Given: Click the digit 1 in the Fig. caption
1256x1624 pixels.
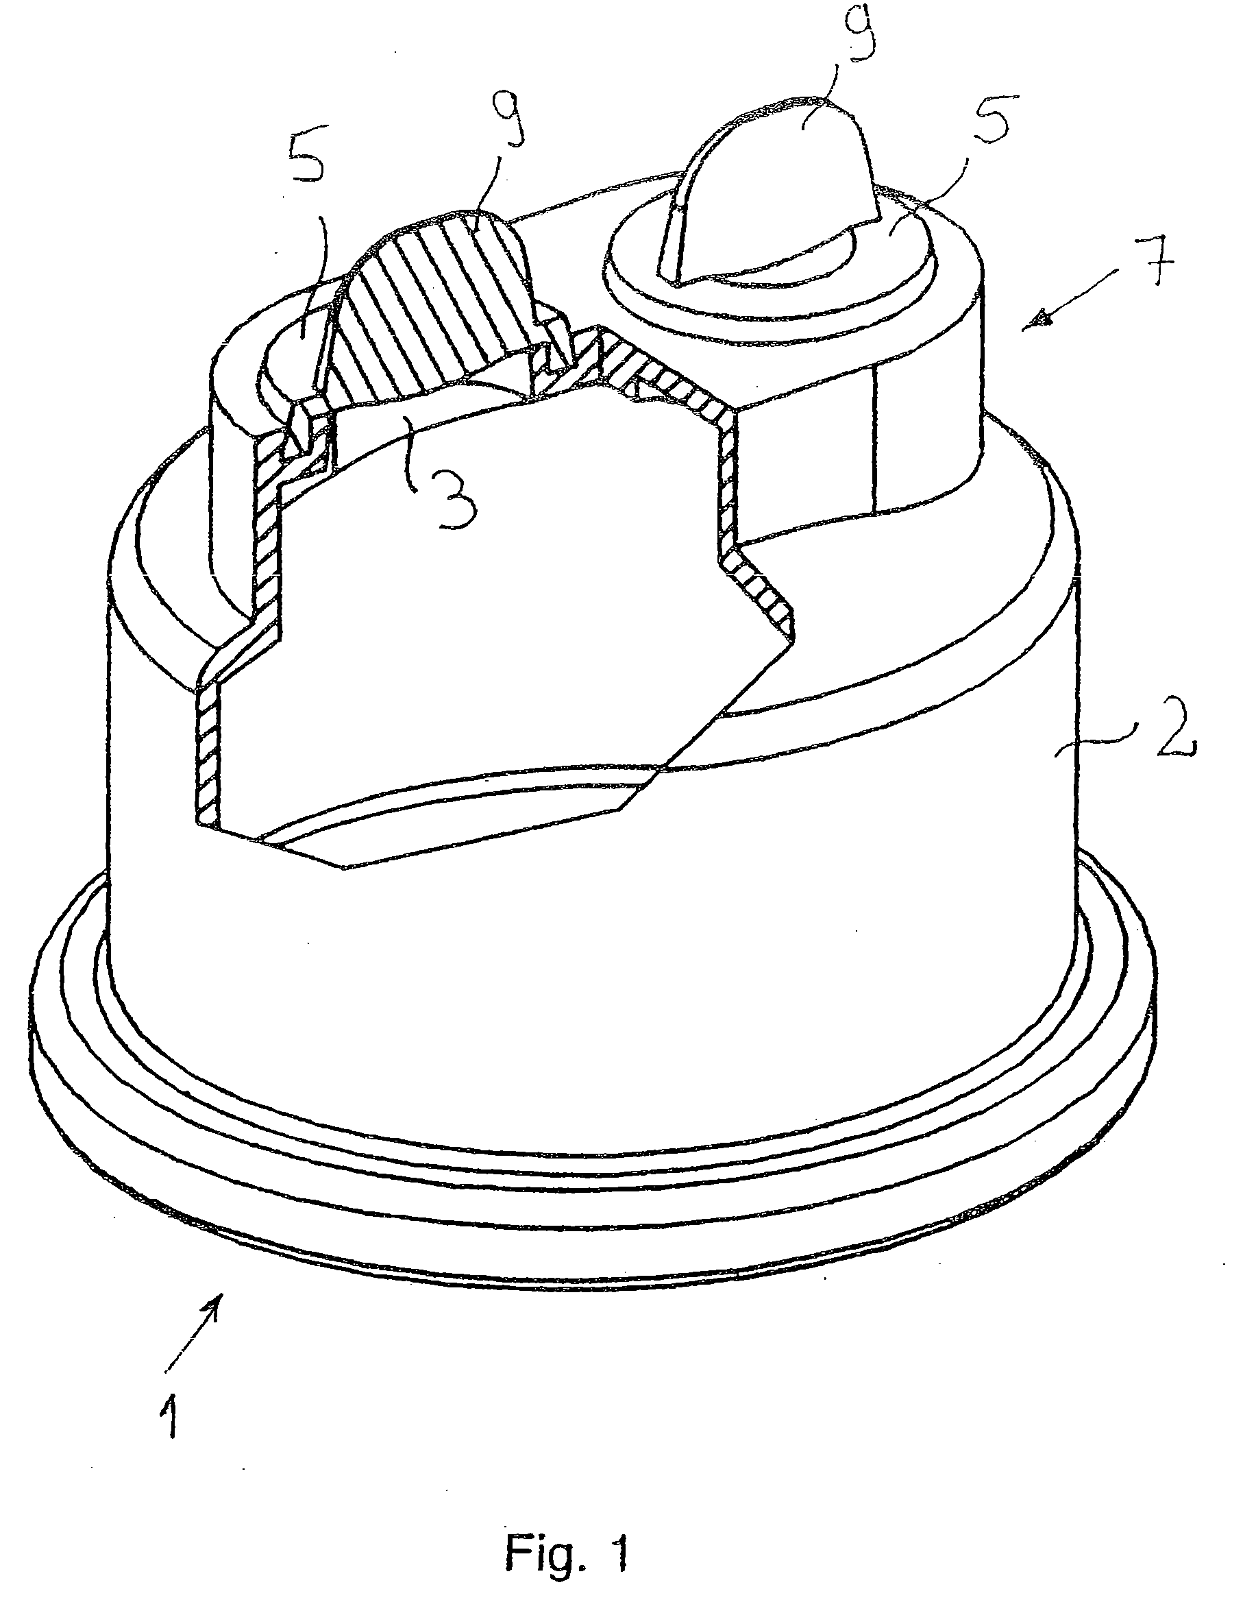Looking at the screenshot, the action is [619, 1551].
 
